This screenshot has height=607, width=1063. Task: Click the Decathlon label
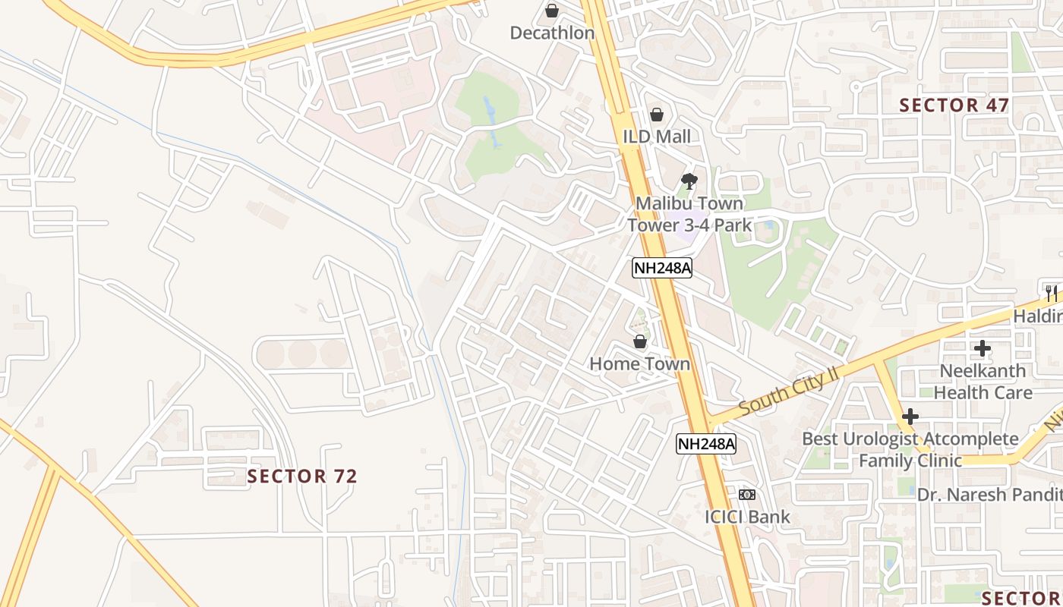(552, 33)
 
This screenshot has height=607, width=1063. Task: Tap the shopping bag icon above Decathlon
(552, 11)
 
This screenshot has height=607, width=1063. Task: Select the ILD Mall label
(658, 137)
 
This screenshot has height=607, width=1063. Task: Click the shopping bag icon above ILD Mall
(657, 115)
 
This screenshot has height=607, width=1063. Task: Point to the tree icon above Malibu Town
(689, 181)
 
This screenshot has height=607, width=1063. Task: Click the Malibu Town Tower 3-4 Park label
(689, 214)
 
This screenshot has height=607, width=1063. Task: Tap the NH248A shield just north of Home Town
(663, 267)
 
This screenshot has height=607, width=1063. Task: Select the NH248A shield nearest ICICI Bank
(706, 444)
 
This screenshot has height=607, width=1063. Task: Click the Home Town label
(640, 363)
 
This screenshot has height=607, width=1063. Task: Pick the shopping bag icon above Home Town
(640, 342)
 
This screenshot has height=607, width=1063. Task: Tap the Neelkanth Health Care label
(983, 382)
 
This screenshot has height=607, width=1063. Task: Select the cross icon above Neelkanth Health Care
(983, 349)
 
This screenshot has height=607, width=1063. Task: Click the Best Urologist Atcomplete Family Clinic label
(910, 449)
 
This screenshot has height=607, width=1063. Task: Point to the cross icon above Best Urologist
(910, 417)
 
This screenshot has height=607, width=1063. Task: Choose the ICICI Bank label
(747, 517)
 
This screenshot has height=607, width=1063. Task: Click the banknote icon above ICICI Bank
(747, 495)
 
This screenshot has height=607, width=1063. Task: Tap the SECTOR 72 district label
(302, 476)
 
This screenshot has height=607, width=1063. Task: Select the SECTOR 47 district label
(954, 105)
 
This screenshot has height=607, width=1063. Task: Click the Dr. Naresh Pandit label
(989, 495)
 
